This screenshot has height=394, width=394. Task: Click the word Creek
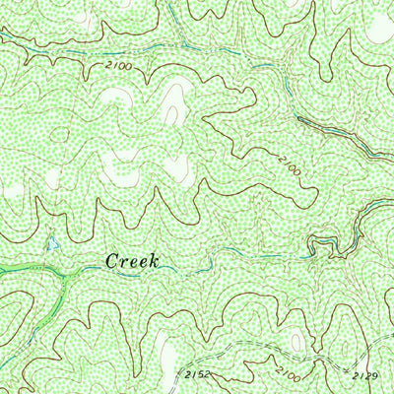point(131,261)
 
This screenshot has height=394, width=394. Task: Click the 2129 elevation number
point(363,374)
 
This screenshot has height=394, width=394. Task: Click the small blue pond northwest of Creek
point(50,242)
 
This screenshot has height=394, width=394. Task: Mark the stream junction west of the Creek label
point(61,272)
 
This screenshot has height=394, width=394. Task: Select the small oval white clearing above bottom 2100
point(295,341)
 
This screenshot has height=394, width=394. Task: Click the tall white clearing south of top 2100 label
point(177,98)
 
